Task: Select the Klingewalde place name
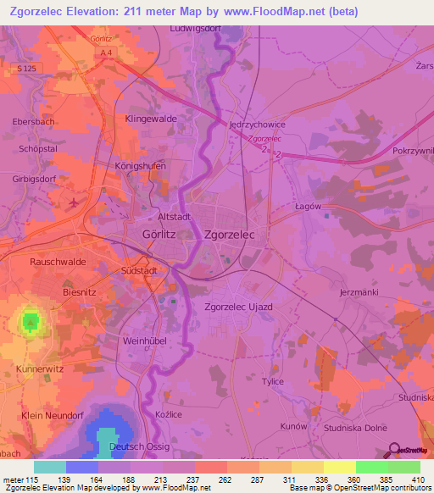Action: [151, 119]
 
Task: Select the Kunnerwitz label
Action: [40, 370]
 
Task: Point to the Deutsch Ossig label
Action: [140, 446]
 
